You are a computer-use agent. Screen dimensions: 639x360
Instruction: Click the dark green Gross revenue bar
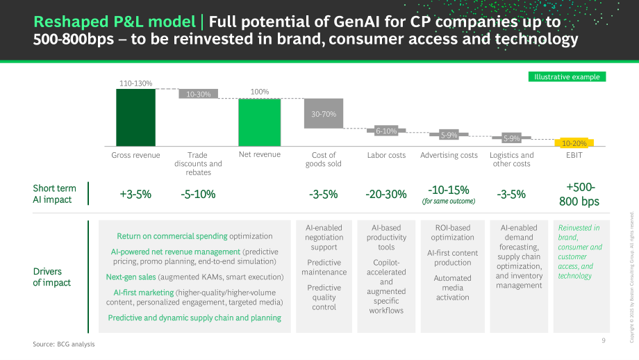(x=135, y=117)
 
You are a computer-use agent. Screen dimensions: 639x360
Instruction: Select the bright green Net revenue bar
(x=260, y=122)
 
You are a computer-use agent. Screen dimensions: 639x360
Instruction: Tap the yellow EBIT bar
(x=574, y=143)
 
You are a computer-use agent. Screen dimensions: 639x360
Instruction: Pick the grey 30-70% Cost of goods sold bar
(x=324, y=114)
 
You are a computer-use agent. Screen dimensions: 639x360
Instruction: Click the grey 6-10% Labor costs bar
(x=386, y=131)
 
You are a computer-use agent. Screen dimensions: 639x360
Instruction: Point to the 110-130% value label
(x=135, y=83)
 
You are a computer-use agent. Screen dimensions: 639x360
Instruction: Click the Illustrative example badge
(x=567, y=76)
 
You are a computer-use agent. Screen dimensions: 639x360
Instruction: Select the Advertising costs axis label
(x=449, y=156)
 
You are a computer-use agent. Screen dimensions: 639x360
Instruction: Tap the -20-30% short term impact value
(x=386, y=195)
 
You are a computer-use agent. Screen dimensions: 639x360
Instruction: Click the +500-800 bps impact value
(x=579, y=194)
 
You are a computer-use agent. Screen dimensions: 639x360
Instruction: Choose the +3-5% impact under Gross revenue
(x=135, y=195)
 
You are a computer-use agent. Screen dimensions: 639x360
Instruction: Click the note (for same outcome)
(x=449, y=201)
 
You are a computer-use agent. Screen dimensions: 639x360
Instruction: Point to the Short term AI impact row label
(x=54, y=194)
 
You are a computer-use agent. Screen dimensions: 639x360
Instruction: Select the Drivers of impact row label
(x=52, y=277)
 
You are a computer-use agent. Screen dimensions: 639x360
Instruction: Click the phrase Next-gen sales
(x=131, y=277)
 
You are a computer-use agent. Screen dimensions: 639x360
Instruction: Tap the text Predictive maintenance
(x=324, y=267)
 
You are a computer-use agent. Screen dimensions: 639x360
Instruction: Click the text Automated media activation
(x=452, y=288)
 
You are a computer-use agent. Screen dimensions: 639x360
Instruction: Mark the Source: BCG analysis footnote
(x=64, y=344)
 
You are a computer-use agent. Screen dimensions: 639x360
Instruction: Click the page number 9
(x=604, y=341)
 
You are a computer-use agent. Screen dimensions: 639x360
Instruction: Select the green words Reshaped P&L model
(x=115, y=22)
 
